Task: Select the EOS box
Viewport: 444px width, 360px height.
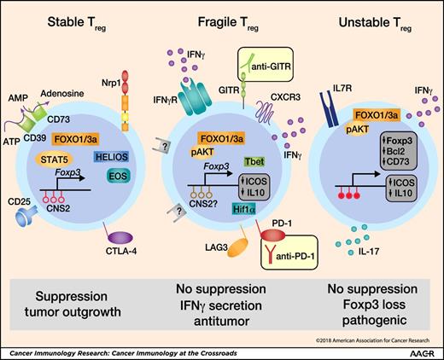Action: tap(119, 176)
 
